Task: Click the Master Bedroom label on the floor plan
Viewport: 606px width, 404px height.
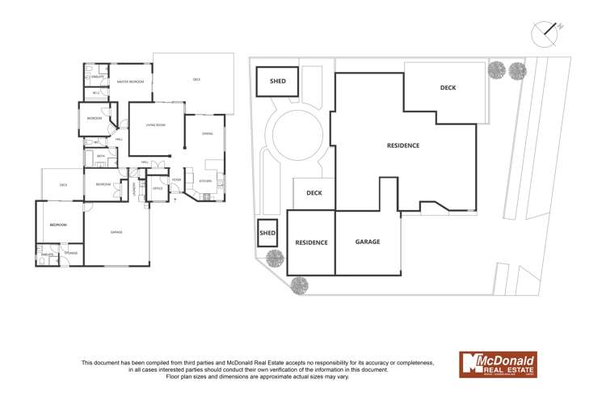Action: tap(130, 82)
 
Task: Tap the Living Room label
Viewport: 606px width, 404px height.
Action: tap(155, 125)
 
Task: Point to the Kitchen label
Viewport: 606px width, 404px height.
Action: tap(205, 181)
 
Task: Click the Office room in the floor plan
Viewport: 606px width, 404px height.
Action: tap(158, 188)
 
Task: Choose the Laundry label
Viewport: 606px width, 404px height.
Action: tap(134, 188)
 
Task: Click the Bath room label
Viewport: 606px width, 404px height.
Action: tap(101, 156)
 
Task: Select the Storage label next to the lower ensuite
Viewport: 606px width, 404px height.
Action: tap(72, 254)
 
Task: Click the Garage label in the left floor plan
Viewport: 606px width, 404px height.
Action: tap(116, 232)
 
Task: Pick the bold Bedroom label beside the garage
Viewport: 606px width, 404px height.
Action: tap(57, 225)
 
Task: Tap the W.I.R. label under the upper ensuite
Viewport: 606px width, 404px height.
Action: tap(95, 94)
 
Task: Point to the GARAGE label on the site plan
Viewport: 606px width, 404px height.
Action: tap(367, 242)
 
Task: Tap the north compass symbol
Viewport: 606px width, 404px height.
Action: tap(547, 33)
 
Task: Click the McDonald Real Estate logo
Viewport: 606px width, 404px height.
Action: tap(498, 364)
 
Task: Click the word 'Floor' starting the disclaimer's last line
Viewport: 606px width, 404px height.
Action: tap(174, 377)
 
